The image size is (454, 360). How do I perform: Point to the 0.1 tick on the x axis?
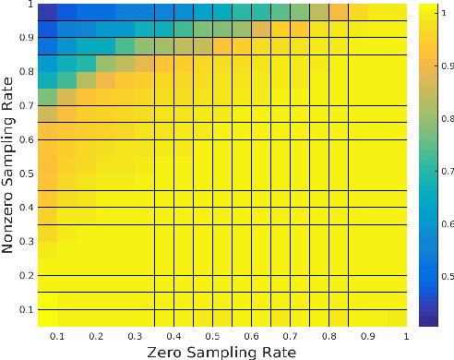(x=55, y=335)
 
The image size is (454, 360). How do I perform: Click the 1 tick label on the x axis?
(x=403, y=335)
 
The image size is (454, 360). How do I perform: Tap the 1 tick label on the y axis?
(x=29, y=6)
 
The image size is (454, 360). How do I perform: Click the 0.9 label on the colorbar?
(x=448, y=66)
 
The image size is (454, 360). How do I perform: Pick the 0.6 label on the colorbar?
(x=448, y=224)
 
